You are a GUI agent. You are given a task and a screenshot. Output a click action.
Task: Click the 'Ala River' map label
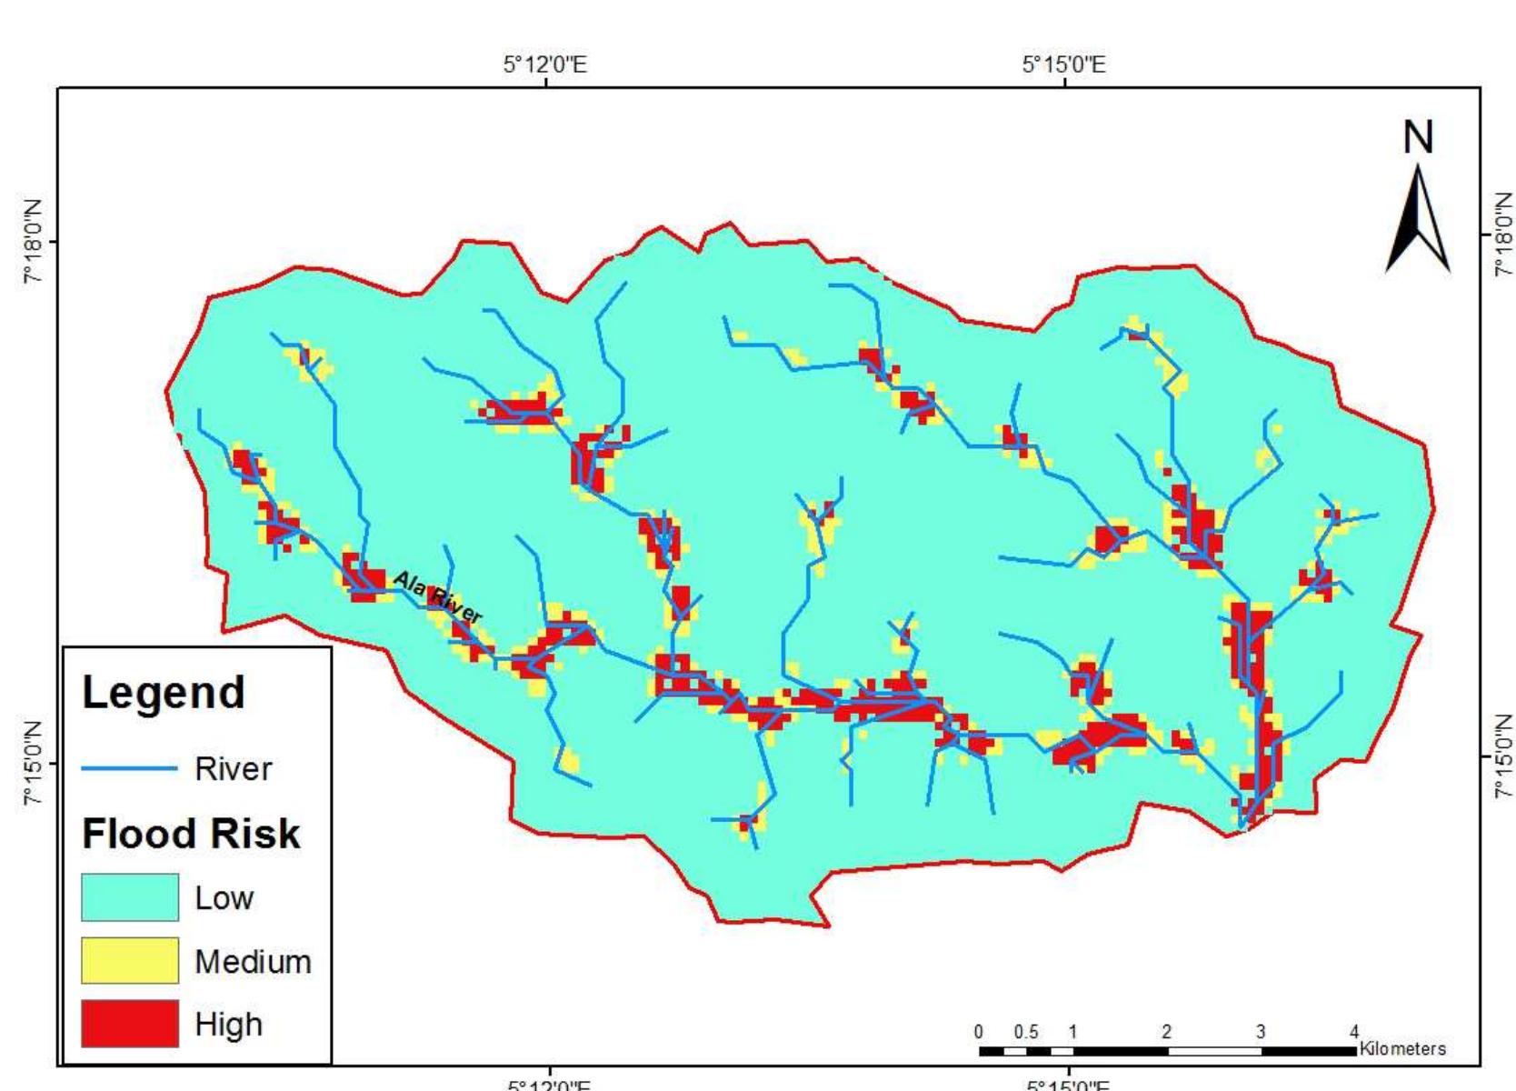click(x=436, y=596)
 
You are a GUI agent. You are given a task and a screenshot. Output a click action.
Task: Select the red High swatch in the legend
click(x=129, y=1024)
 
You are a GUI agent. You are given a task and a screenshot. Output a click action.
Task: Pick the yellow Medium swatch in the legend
click(x=129, y=961)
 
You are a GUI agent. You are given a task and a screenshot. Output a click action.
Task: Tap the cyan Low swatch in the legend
click(x=129, y=897)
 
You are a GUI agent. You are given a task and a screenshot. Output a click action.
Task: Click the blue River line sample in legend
click(x=129, y=769)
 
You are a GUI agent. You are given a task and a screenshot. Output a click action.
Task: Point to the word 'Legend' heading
click(x=164, y=693)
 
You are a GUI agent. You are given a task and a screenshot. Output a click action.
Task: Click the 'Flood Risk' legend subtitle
click(x=191, y=834)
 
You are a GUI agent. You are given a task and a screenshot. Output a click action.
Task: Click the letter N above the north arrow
click(x=1418, y=138)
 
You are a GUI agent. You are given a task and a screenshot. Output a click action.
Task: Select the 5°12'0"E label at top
click(x=545, y=65)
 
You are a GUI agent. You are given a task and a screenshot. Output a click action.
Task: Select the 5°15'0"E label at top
click(x=1064, y=65)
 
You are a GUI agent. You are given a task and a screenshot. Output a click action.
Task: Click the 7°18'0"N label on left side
click(x=34, y=242)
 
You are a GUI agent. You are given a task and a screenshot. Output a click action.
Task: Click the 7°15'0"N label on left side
click(x=34, y=762)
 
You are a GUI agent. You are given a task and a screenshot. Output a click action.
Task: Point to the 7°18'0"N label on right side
click(x=1503, y=235)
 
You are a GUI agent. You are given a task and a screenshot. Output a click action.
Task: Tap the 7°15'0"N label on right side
click(x=1503, y=756)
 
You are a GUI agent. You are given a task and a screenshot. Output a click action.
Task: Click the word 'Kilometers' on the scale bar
click(x=1402, y=1049)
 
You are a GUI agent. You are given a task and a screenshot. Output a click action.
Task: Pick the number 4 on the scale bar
click(x=1354, y=1032)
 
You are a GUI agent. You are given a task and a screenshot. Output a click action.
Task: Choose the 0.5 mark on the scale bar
click(x=1026, y=1033)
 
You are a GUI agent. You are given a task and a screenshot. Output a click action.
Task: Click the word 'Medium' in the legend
click(x=253, y=962)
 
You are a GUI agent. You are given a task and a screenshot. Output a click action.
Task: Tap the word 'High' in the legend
click(x=228, y=1025)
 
